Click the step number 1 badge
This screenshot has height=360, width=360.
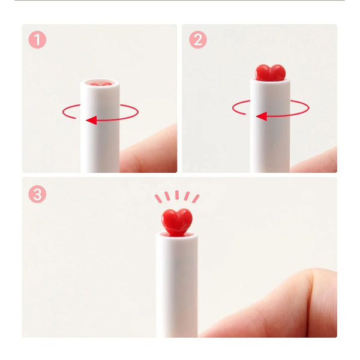(x=37, y=40)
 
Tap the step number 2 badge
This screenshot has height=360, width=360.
(x=197, y=40)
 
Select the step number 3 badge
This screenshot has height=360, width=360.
(x=37, y=194)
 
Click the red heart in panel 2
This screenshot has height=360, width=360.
(x=271, y=72)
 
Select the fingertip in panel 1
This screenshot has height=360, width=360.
(x=150, y=150)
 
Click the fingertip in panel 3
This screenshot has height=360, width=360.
(x=288, y=300)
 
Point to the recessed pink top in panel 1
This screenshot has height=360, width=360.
(x=100, y=82)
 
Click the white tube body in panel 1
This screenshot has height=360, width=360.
(x=100, y=144)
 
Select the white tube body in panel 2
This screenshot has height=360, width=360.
(x=271, y=144)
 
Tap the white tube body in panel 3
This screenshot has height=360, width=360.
(x=177, y=288)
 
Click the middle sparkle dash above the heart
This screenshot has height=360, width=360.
(x=177, y=196)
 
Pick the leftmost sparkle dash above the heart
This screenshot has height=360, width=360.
(x=158, y=199)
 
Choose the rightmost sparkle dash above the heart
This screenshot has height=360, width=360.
(x=196, y=199)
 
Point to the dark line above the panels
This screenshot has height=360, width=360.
(x=180, y=1)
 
